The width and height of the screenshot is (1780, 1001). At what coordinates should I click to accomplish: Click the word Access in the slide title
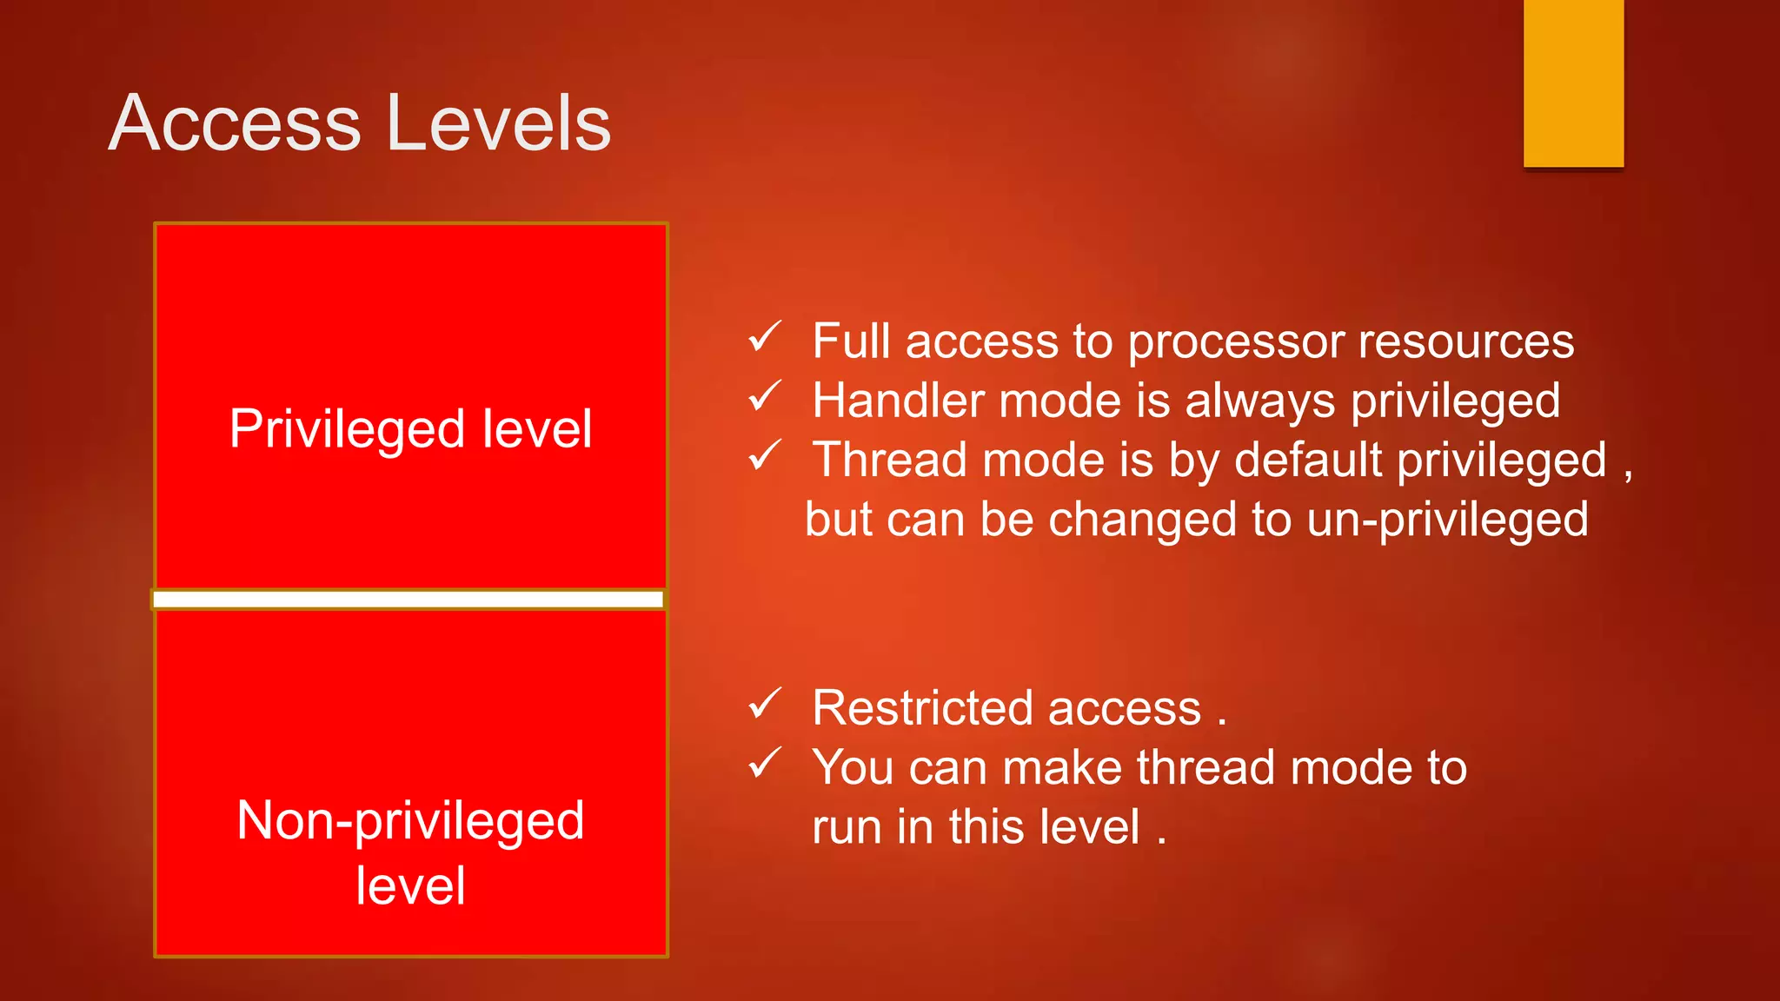coord(235,123)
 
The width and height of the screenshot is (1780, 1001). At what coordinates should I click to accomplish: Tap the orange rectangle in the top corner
coord(1573,83)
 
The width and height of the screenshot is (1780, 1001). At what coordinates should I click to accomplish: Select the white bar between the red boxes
coord(408,599)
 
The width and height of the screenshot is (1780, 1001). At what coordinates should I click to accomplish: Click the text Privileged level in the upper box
coord(410,428)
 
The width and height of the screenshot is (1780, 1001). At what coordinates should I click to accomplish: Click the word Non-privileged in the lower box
coord(410,820)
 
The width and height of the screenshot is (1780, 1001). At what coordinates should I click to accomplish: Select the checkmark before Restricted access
coord(765,704)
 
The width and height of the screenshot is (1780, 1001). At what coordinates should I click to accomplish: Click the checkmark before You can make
coord(765,763)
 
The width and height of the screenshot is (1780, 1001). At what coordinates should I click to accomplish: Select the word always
coord(1259,402)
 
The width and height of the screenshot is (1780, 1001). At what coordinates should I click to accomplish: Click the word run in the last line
coord(847,827)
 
